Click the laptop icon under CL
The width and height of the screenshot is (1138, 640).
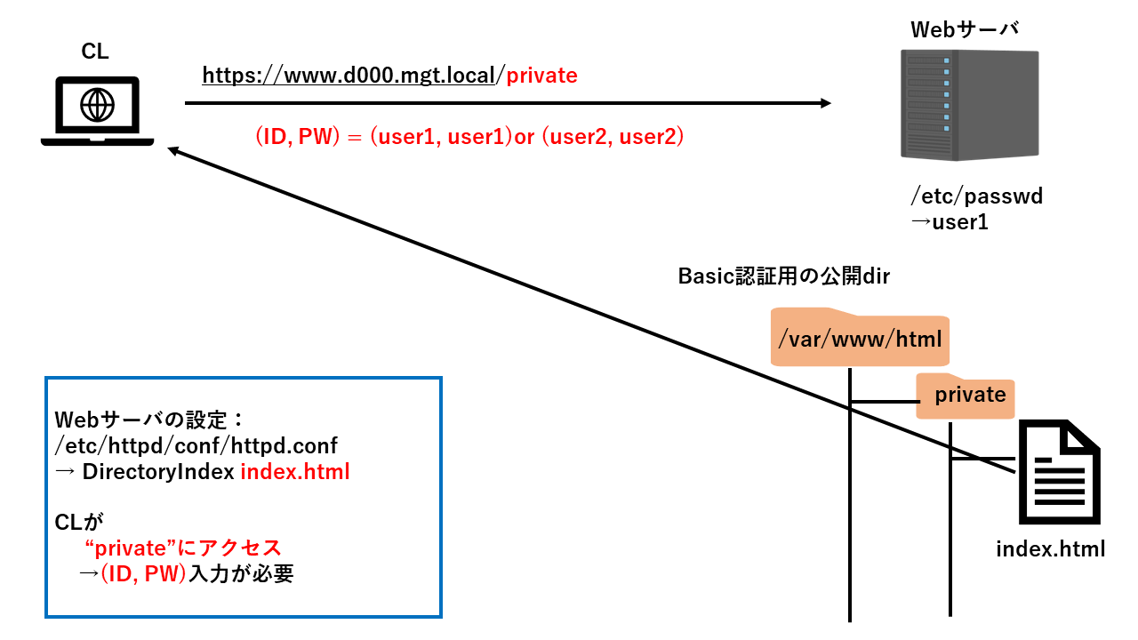pos(97,111)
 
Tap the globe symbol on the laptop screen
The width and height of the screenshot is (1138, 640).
pos(97,105)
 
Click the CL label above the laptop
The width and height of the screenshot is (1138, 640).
pos(95,52)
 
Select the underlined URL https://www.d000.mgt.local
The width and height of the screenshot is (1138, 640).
pos(348,76)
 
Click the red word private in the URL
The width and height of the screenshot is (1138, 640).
pos(541,76)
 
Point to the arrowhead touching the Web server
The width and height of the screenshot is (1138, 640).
pos(824,103)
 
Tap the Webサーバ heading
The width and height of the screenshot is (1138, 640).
pos(964,29)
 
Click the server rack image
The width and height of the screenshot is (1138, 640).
pos(969,104)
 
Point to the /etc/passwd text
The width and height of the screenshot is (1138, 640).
pos(976,196)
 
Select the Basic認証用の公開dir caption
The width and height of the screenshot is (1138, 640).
pos(784,276)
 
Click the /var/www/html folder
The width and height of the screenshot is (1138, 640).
pos(860,339)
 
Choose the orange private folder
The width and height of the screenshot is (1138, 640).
pos(966,395)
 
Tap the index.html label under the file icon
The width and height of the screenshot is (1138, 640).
pos(1050,548)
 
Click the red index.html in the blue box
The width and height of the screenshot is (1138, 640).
pos(295,471)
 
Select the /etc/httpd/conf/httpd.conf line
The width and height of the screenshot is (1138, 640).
pos(196,444)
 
